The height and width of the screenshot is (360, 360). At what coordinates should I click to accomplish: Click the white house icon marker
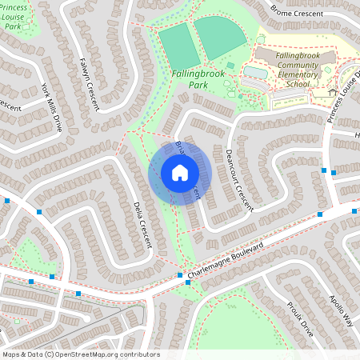180,173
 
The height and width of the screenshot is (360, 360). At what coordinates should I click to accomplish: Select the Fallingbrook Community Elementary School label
280,70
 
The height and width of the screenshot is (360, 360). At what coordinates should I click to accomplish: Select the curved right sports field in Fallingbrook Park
220,36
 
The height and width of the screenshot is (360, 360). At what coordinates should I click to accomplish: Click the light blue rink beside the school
255,72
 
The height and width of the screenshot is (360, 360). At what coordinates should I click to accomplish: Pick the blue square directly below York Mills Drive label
39,212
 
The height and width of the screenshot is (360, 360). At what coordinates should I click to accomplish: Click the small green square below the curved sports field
230,66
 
